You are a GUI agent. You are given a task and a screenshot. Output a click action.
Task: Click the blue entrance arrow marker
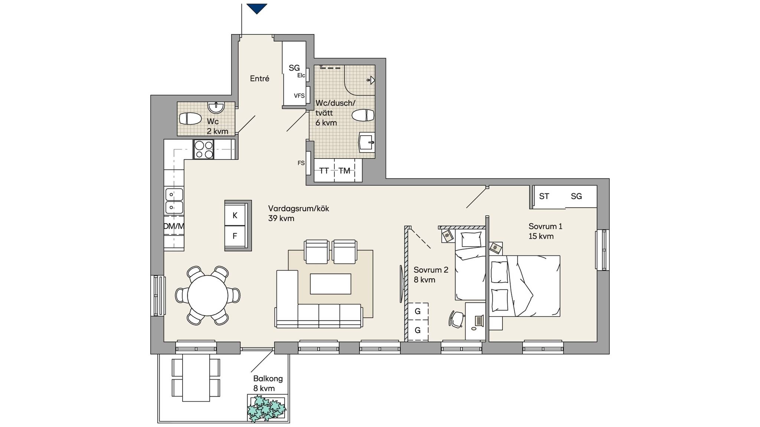257,8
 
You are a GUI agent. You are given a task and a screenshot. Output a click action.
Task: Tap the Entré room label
259,79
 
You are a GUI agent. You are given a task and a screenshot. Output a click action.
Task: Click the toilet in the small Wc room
190,119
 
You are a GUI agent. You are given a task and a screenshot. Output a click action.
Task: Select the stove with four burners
204,149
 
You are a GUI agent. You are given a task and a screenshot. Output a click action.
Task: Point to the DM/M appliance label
174,226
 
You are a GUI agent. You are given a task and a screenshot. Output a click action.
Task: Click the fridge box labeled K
235,215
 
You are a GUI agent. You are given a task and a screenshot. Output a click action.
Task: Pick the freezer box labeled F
235,236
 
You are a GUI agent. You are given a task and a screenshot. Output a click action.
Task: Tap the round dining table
207,295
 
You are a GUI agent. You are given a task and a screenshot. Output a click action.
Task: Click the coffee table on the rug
330,284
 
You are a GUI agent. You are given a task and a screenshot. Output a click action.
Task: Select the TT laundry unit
324,171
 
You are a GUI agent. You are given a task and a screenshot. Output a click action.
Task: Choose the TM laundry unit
345,171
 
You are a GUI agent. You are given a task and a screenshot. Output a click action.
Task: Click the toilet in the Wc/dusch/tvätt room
363,115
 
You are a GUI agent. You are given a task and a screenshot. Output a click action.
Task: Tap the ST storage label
544,196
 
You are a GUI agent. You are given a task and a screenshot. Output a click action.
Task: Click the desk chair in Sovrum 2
456,319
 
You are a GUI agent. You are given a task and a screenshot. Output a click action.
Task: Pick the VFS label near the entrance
299,96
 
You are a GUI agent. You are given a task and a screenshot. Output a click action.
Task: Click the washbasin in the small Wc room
216,107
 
